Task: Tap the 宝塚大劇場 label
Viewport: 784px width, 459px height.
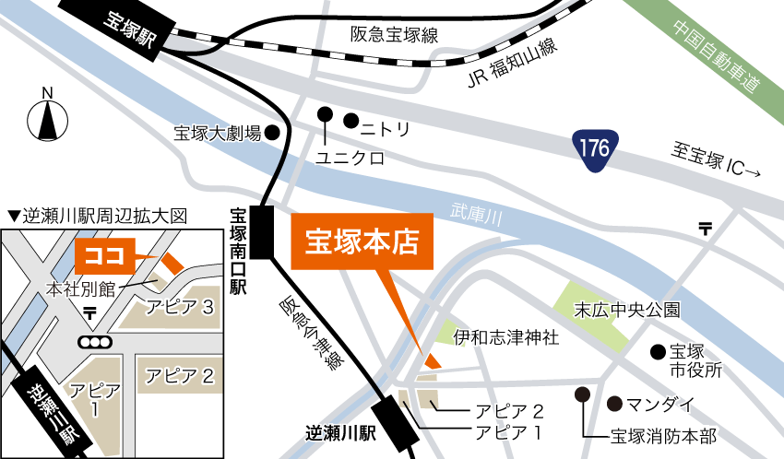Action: (218, 134)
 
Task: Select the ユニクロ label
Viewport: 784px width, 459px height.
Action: (349, 159)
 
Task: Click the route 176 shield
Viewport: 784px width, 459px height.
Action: (594, 148)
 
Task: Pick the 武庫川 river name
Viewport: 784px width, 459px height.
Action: (476, 215)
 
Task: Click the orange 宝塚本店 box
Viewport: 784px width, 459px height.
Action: (362, 242)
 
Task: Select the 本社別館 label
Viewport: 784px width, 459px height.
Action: (81, 289)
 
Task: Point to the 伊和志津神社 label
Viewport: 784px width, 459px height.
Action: (506, 337)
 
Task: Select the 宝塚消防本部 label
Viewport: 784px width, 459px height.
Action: (663, 435)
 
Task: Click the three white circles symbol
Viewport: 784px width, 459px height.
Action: (95, 342)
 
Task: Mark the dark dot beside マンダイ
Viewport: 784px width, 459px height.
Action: (614, 404)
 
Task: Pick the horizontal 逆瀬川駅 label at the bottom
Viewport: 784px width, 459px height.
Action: (340, 431)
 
